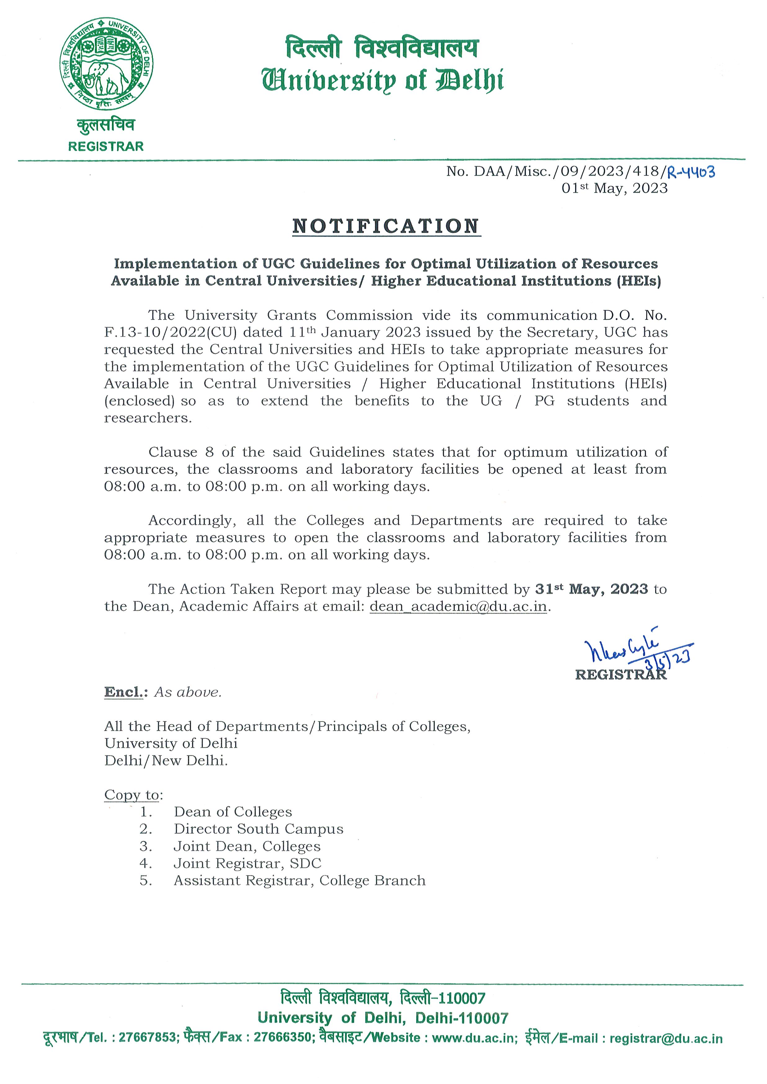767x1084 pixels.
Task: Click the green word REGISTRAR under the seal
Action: pos(106,146)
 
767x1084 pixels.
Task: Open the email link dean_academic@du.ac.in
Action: pos(458,606)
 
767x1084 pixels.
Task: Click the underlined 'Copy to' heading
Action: pos(132,794)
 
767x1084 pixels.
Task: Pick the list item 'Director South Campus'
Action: pos(258,829)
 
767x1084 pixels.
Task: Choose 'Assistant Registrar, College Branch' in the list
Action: pos(299,881)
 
